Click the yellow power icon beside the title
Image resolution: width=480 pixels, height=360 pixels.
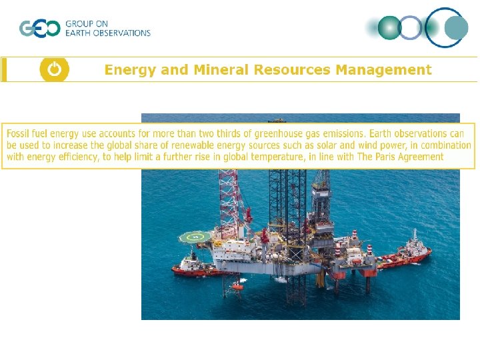(54, 69)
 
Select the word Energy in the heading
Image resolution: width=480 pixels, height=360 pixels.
(129, 70)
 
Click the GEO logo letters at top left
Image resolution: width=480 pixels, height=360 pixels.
(39, 29)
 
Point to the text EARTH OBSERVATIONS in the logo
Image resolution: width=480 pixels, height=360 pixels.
(108, 33)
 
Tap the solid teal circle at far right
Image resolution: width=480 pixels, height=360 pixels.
(457, 28)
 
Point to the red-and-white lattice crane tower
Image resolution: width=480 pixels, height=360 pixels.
(229, 193)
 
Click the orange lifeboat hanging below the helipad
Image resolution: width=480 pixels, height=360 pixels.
(236, 286)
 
